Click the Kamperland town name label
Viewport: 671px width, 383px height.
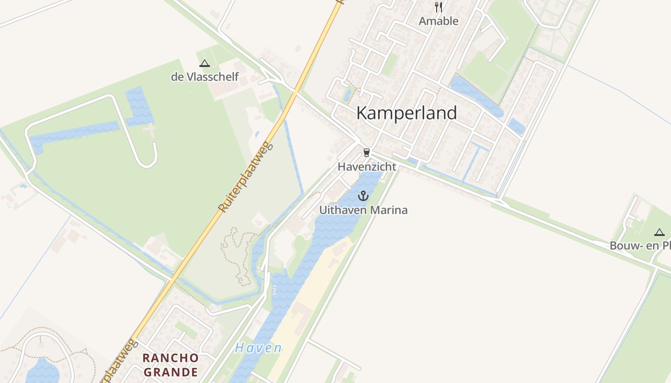click(406, 113)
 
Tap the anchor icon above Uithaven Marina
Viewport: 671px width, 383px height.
click(363, 196)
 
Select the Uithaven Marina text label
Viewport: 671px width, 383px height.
click(363, 210)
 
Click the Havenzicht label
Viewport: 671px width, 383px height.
click(367, 167)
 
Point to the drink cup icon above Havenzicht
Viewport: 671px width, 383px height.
click(367, 153)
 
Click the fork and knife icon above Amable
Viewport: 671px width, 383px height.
click(438, 7)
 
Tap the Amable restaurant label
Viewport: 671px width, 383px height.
click(438, 21)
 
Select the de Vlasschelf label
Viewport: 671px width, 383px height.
click(205, 77)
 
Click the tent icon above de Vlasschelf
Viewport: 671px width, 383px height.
click(205, 63)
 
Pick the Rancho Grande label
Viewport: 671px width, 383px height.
click(171, 365)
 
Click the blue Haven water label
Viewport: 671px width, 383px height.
click(258, 348)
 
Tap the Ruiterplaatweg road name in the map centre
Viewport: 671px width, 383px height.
click(245, 178)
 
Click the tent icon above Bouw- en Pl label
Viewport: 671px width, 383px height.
click(659, 233)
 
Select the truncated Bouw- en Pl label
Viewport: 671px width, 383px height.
click(640, 246)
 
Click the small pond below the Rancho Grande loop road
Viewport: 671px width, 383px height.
click(42, 370)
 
